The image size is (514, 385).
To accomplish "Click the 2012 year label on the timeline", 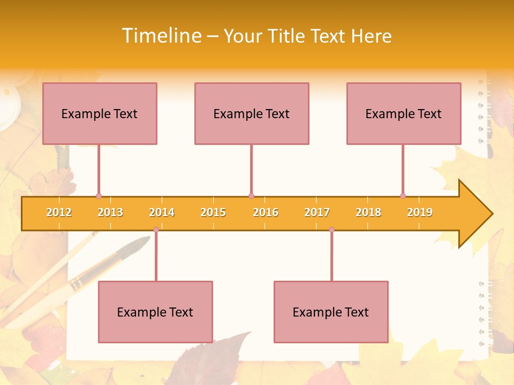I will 59,212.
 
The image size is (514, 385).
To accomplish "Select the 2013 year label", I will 110,212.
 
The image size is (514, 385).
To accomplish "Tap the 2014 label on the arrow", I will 162,212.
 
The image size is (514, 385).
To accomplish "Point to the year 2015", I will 213,212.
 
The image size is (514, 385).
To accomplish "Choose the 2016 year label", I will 266,212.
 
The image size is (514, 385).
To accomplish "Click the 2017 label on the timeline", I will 317,212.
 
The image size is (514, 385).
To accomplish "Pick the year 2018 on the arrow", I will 368,212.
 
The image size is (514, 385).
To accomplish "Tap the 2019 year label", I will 420,212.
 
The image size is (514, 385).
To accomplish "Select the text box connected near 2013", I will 100,113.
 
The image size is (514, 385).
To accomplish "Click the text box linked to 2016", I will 252,113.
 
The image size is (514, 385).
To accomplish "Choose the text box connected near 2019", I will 404,113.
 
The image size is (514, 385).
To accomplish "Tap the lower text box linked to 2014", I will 155,312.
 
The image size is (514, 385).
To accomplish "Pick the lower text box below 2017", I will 331,312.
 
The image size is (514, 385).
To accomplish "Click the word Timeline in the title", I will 161,36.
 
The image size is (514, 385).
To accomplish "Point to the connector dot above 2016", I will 251,196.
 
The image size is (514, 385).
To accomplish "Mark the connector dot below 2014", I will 156,229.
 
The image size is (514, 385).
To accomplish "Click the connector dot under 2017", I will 331,229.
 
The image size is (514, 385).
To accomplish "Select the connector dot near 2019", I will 403,196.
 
